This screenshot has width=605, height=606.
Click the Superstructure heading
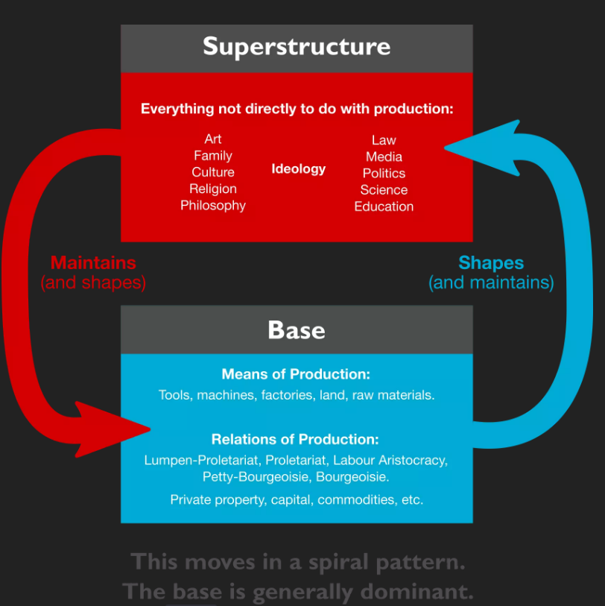pyautogui.click(x=297, y=47)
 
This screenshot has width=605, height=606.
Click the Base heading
pyautogui.click(x=297, y=330)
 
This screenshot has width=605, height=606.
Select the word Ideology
pyautogui.click(x=298, y=169)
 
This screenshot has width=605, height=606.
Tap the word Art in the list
pyautogui.click(x=213, y=139)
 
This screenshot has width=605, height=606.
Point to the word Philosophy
pyautogui.click(x=213, y=206)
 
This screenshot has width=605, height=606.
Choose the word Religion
pyautogui.click(x=213, y=189)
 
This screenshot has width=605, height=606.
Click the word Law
pyautogui.click(x=384, y=140)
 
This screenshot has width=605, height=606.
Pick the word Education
pyautogui.click(x=384, y=206)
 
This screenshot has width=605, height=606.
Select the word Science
pyautogui.click(x=384, y=190)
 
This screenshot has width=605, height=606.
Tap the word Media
pyautogui.click(x=384, y=157)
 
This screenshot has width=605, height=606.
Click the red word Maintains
pyautogui.click(x=93, y=263)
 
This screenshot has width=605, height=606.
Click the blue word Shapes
pyautogui.click(x=491, y=264)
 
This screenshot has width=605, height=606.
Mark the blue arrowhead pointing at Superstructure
pyautogui.click(x=482, y=148)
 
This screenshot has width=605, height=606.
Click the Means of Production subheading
pyautogui.click(x=296, y=374)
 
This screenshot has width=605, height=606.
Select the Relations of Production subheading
pyautogui.click(x=295, y=440)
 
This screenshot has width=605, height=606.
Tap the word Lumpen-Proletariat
pyautogui.click(x=201, y=461)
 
